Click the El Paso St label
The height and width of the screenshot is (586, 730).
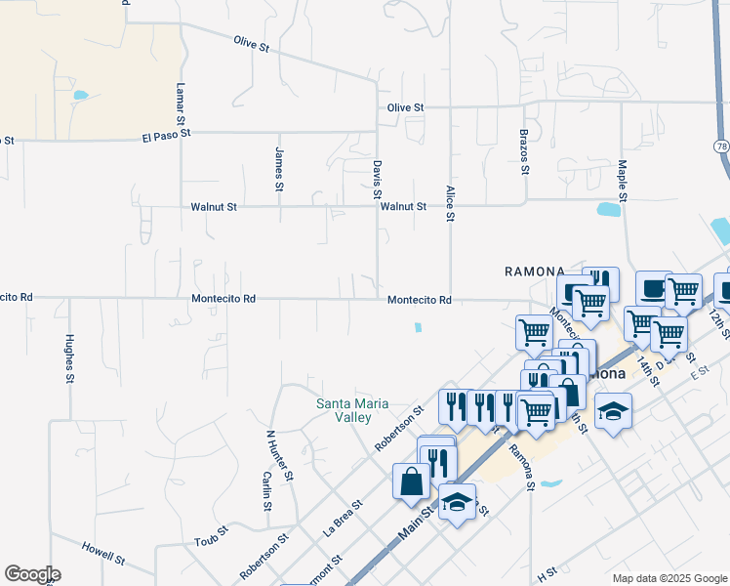[x=166, y=135]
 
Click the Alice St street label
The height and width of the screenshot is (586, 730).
[x=450, y=203]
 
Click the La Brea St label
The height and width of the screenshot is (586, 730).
[x=343, y=519]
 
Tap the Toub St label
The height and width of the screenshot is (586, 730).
[x=210, y=541]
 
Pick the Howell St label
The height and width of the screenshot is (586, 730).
[x=102, y=553]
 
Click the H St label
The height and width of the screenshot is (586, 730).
[x=546, y=571]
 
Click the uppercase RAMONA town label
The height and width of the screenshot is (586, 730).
[x=535, y=271]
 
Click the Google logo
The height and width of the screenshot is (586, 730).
[x=32, y=574]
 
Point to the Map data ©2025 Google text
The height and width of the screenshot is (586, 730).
[x=669, y=578]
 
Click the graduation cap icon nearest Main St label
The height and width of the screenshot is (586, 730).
[x=457, y=504]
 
